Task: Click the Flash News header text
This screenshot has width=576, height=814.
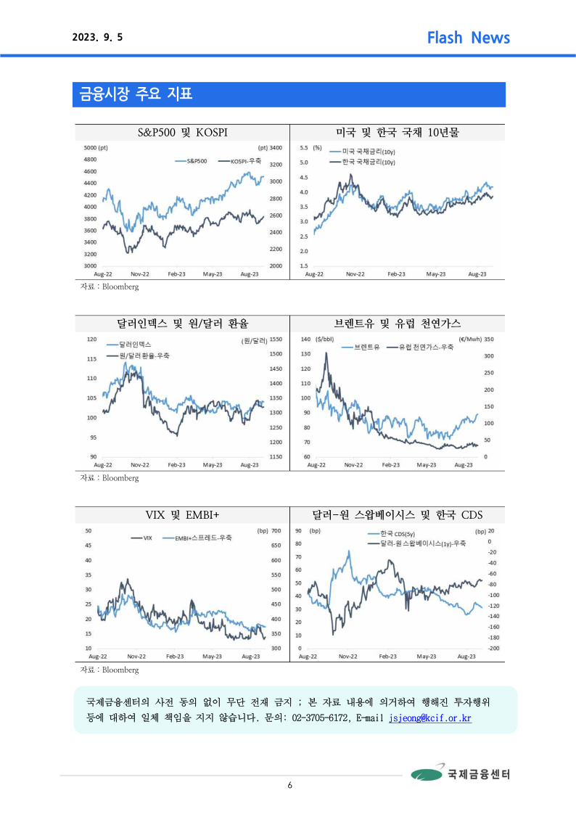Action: point(468,38)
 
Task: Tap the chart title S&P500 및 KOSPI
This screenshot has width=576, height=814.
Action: point(182,132)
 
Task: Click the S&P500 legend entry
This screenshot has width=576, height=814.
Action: point(197,160)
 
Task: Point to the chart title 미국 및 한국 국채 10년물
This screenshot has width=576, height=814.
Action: point(398,132)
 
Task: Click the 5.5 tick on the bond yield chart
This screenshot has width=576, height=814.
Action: point(303,147)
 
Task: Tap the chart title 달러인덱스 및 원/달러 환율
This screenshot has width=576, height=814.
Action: point(182,323)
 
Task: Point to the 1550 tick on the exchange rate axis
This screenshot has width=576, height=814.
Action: point(276,340)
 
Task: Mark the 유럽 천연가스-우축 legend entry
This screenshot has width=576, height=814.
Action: point(425,348)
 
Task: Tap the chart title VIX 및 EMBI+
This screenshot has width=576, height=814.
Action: point(182,514)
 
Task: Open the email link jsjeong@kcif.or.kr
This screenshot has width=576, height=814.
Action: point(430,718)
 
